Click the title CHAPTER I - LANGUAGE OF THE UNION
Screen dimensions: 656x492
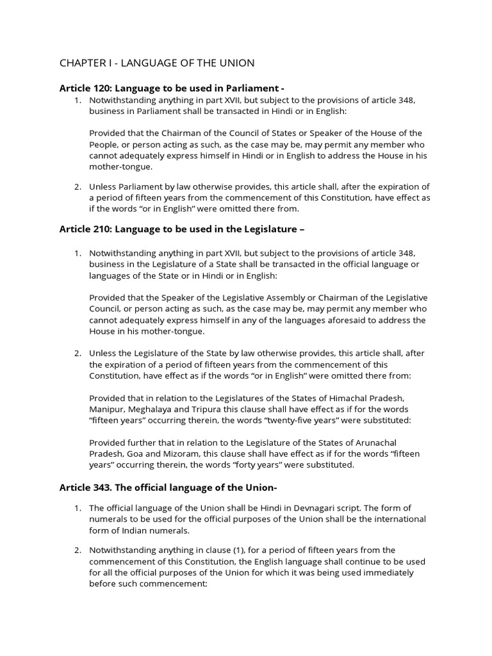coord(157,63)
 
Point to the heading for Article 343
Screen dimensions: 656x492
coord(168,488)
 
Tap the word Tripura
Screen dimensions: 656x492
coord(212,409)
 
